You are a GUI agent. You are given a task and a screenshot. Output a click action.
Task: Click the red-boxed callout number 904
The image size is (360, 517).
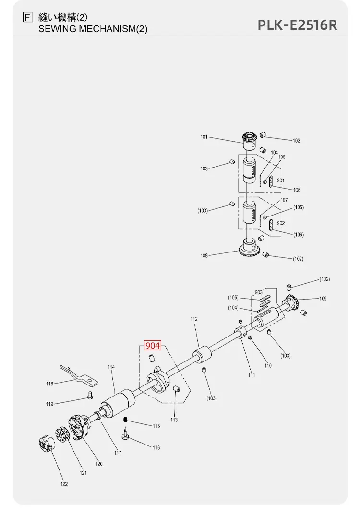tap(153, 345)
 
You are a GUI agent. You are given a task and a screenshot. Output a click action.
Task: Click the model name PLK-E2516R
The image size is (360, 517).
tap(298, 25)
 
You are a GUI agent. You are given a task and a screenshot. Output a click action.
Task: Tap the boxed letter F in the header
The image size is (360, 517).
tap(28, 17)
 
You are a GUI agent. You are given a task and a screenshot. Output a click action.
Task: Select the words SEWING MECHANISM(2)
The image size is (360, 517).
tap(93, 29)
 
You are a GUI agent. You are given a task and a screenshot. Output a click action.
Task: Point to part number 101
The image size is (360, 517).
tap(204, 137)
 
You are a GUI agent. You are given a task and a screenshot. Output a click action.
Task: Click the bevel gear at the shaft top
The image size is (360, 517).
tap(249, 141)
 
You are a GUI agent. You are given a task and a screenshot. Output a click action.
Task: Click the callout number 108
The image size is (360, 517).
tap(204, 255)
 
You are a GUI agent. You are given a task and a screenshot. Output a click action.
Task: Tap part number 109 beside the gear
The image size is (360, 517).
tap(323, 299)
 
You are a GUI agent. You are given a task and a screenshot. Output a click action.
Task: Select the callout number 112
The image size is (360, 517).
tap(194, 319)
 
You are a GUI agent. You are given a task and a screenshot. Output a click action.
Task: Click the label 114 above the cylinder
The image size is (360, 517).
tap(111, 367)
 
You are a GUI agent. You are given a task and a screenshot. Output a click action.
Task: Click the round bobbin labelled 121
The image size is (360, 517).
tap(61, 435)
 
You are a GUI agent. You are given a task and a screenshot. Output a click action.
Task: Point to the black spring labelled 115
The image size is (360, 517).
tap(125, 420)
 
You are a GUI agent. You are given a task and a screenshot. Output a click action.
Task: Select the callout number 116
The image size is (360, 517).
tap(156, 447)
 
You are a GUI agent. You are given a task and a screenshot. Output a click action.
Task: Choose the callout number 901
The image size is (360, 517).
tap(280, 180)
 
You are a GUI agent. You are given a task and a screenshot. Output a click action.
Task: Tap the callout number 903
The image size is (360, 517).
tap(259, 292)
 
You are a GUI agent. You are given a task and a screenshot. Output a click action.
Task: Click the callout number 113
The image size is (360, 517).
tap(174, 420)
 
